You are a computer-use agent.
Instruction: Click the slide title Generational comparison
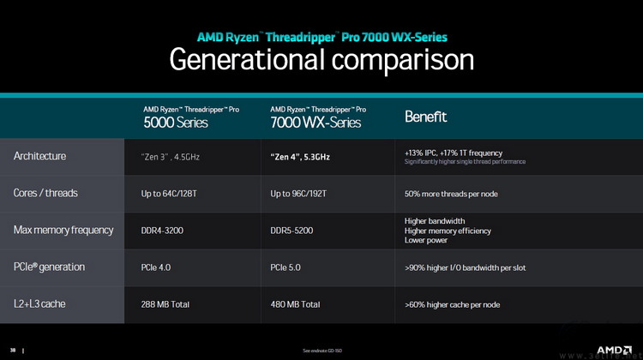click(321, 58)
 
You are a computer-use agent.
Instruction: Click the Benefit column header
click(426, 117)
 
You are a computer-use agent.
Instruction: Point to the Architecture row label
click(39, 156)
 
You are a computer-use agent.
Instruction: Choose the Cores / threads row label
click(45, 193)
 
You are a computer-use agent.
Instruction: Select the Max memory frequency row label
click(63, 230)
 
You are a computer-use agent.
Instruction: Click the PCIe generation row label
click(49, 267)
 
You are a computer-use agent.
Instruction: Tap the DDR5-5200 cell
click(293, 231)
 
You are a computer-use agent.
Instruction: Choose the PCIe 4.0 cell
click(156, 267)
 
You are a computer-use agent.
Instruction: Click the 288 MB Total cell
click(165, 304)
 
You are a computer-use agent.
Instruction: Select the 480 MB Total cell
click(295, 304)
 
